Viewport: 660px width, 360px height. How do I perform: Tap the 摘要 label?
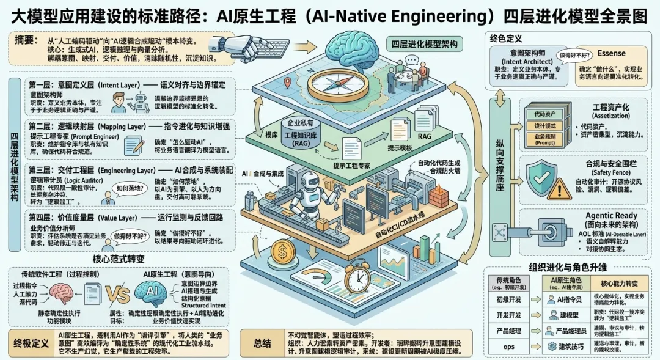click(28, 43)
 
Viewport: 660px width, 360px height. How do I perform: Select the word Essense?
click(611, 54)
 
